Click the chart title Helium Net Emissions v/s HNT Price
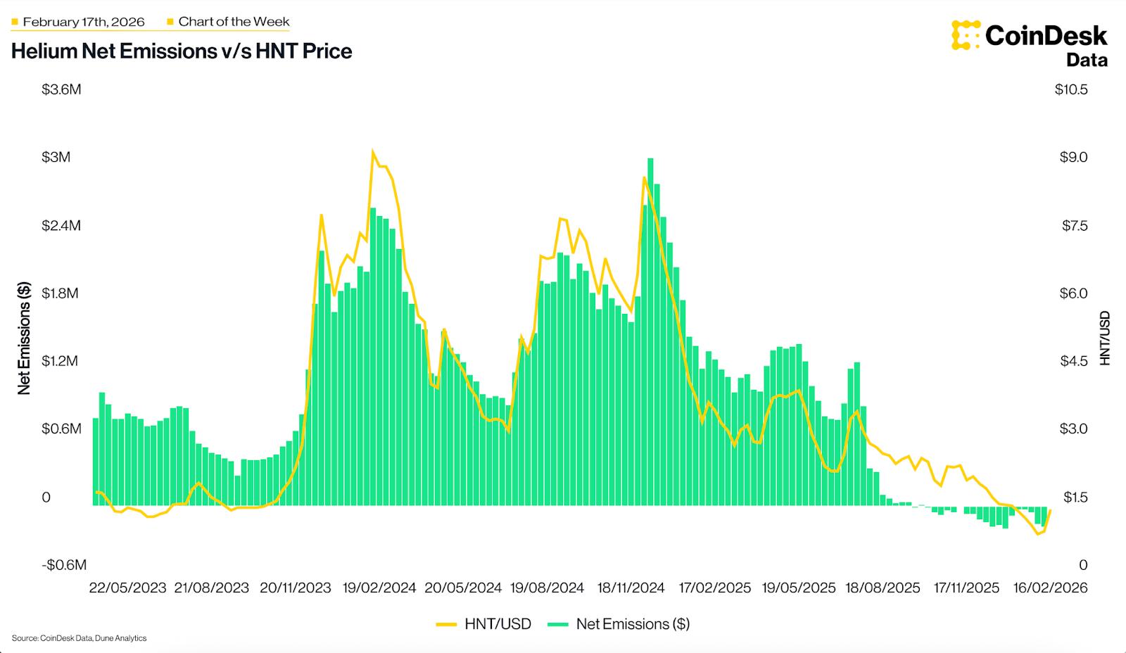point(182,51)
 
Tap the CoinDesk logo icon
point(966,35)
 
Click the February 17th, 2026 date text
point(83,22)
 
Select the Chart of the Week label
point(234,22)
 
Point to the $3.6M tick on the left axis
point(61,89)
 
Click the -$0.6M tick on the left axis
point(63,565)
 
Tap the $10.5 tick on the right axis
point(1070,89)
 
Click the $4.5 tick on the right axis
point(1073,361)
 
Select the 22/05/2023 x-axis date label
point(127,588)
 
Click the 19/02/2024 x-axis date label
point(379,588)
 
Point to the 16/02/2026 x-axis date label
point(1049,588)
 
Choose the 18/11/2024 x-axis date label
point(631,588)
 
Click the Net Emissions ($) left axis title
point(24,338)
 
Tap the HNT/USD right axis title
point(1104,338)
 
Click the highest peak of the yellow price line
point(373,151)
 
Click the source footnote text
point(79,638)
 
